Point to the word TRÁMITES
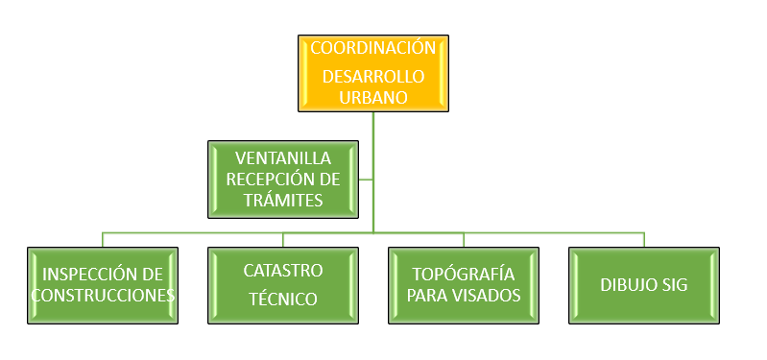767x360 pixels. (x=283, y=201)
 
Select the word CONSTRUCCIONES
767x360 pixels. (x=103, y=295)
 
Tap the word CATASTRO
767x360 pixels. (x=283, y=270)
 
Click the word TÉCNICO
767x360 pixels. (x=283, y=299)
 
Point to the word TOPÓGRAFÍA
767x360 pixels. (x=464, y=273)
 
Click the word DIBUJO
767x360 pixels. (x=627, y=285)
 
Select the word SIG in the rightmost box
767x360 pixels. (x=674, y=285)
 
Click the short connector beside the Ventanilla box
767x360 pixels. (x=366, y=179)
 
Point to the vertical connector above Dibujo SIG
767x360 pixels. (x=644, y=239)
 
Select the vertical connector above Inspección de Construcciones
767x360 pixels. (x=103, y=239)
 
